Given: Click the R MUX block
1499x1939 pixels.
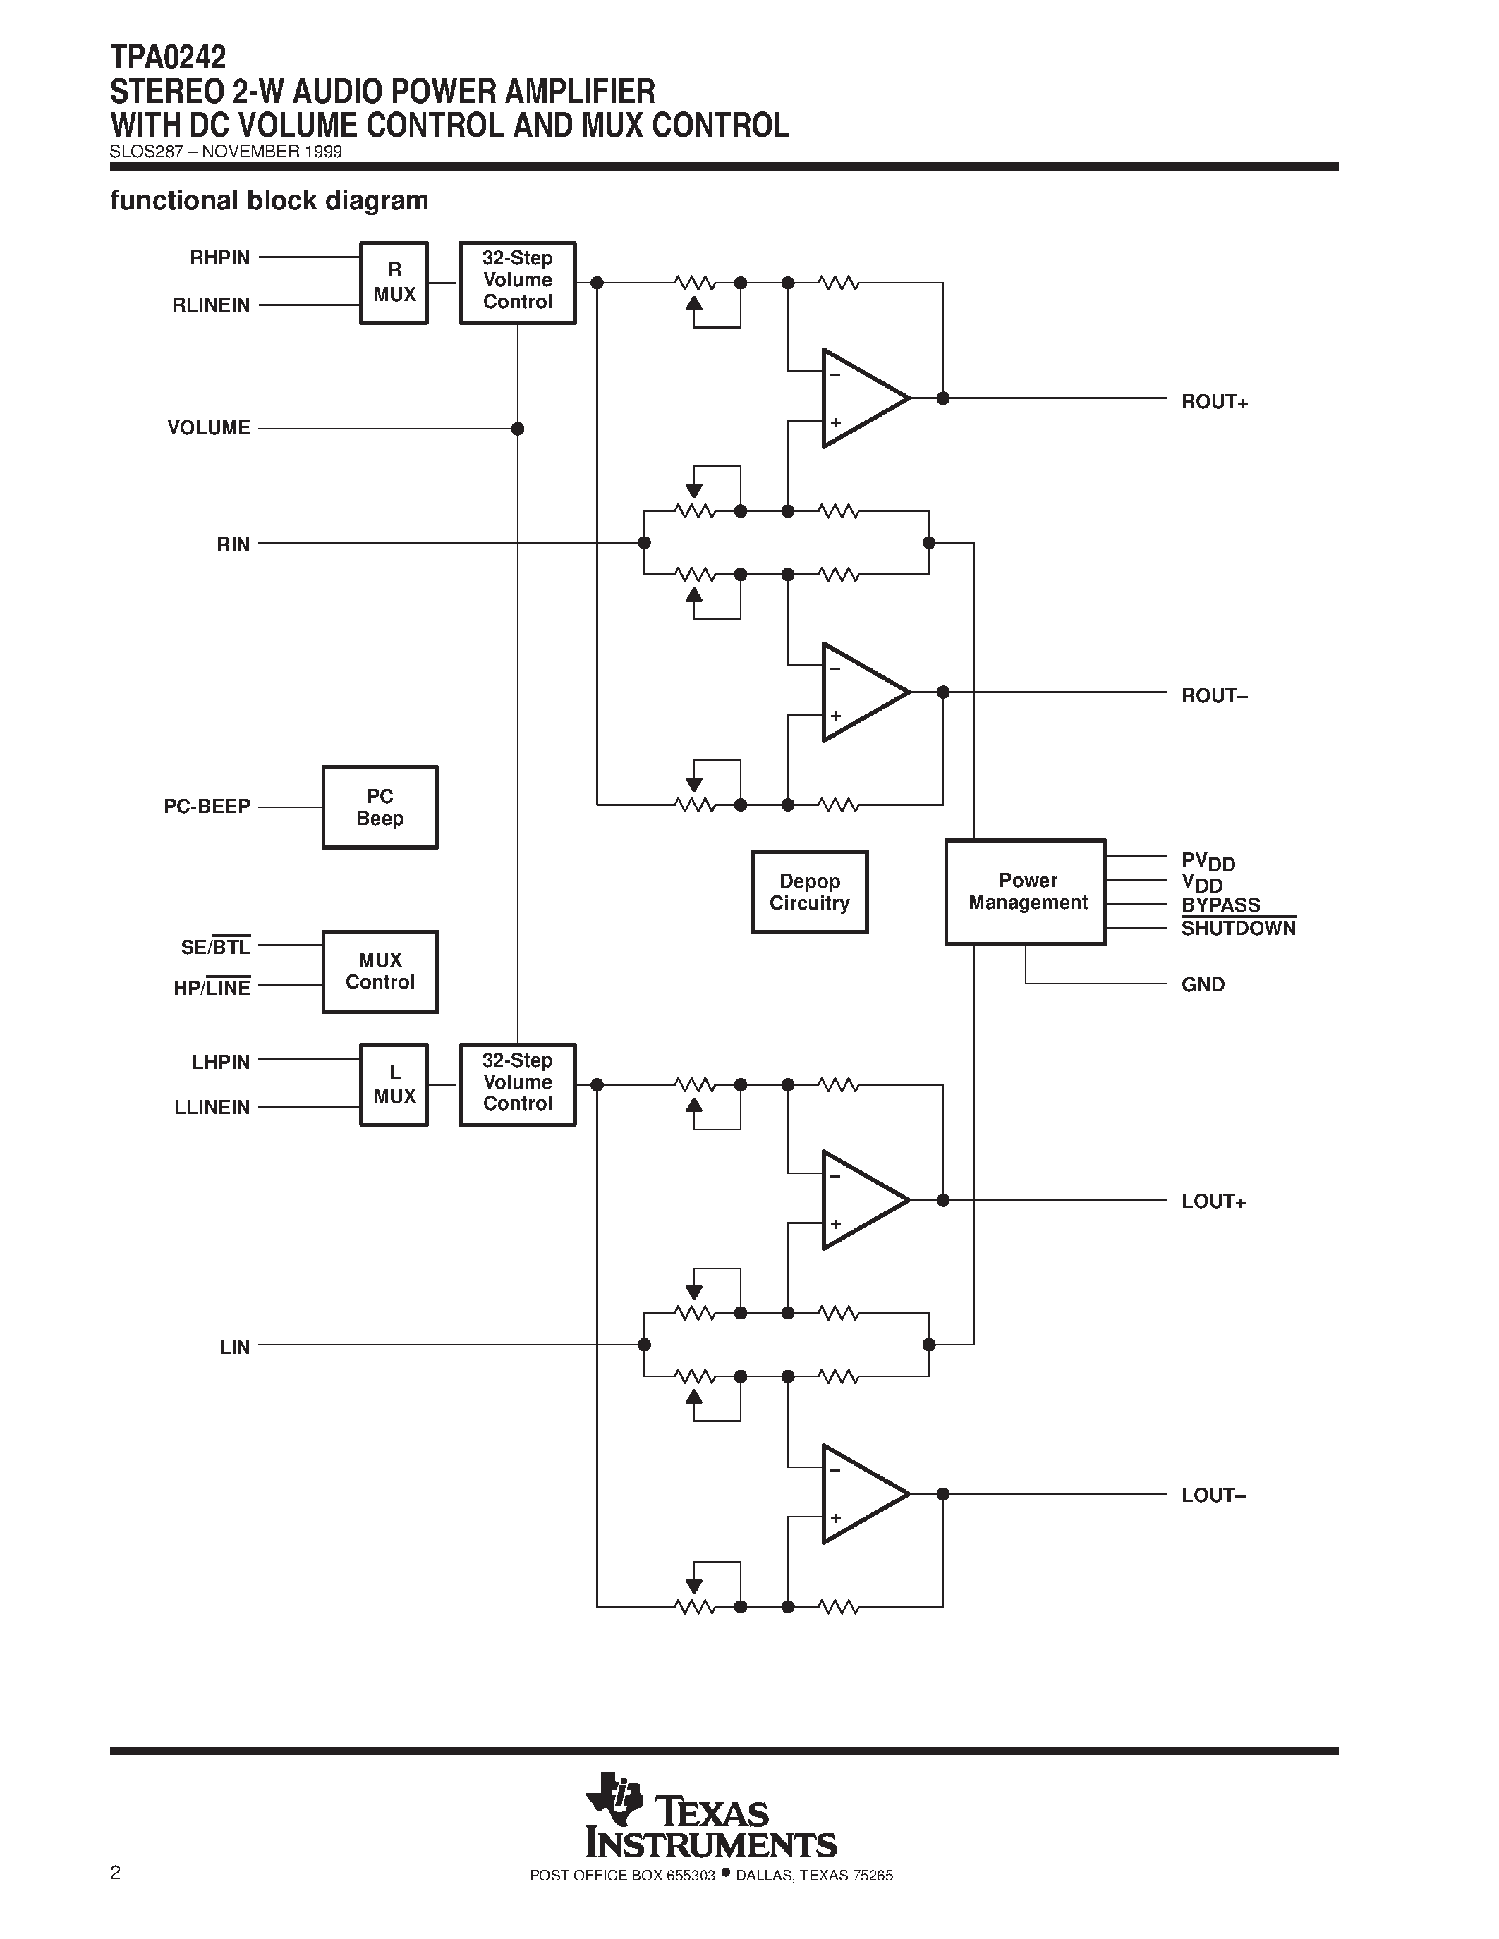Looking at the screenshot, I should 394,282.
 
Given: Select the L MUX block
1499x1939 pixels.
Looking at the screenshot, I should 394,1084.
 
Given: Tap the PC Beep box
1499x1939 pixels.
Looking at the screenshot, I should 380,807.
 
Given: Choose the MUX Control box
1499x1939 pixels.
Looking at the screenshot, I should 380,972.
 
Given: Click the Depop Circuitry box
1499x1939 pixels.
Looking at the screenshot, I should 809,891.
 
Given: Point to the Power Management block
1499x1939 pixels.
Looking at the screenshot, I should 1026,891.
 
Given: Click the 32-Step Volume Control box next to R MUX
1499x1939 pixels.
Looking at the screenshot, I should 517,282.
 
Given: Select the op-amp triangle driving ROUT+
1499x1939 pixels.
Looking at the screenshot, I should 861,398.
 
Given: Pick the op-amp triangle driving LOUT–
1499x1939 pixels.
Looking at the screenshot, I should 861,1494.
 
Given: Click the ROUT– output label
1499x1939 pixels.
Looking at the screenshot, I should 1214,695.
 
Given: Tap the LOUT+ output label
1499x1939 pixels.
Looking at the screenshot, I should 1213,1201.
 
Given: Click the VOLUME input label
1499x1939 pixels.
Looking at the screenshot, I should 209,428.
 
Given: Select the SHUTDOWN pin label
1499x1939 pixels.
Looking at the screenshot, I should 1238,929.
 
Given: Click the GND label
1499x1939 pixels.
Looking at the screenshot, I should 1203,984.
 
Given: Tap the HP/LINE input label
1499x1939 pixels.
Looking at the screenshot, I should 212,988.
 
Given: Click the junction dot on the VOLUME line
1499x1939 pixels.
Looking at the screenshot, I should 518,429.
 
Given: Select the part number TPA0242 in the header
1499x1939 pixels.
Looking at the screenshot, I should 168,58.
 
